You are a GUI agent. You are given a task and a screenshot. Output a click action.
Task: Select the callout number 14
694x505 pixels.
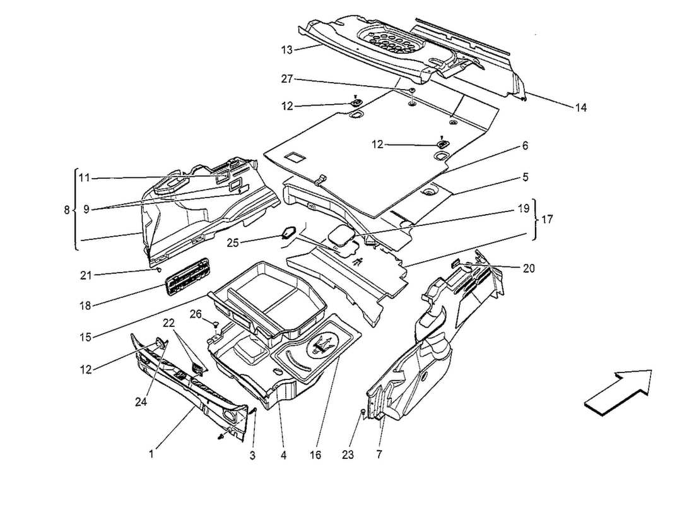coord(580,108)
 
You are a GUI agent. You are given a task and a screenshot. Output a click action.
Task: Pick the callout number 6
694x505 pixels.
coord(525,146)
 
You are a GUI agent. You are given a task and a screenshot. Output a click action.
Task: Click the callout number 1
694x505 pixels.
coord(151,453)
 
